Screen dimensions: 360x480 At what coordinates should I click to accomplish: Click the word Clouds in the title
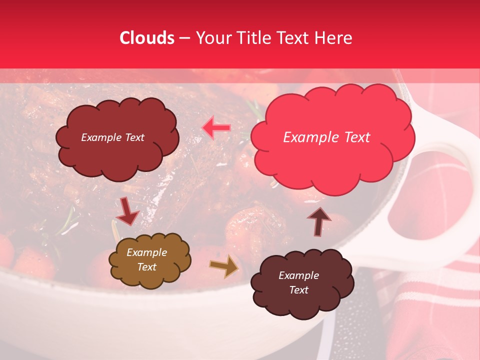click(x=146, y=38)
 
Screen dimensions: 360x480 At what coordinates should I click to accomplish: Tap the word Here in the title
click(x=334, y=38)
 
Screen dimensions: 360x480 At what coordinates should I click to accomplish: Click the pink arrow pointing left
click(x=216, y=128)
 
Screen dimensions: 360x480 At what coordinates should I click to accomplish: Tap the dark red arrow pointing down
click(x=127, y=211)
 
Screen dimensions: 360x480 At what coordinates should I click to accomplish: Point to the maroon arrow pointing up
click(x=318, y=221)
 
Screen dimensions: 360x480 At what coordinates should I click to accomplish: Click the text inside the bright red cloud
click(x=326, y=137)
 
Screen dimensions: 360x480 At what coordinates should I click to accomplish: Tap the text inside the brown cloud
click(x=146, y=260)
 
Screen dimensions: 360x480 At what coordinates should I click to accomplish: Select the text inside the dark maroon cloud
click(x=298, y=282)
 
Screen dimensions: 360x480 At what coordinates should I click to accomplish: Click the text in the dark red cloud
click(x=112, y=137)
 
